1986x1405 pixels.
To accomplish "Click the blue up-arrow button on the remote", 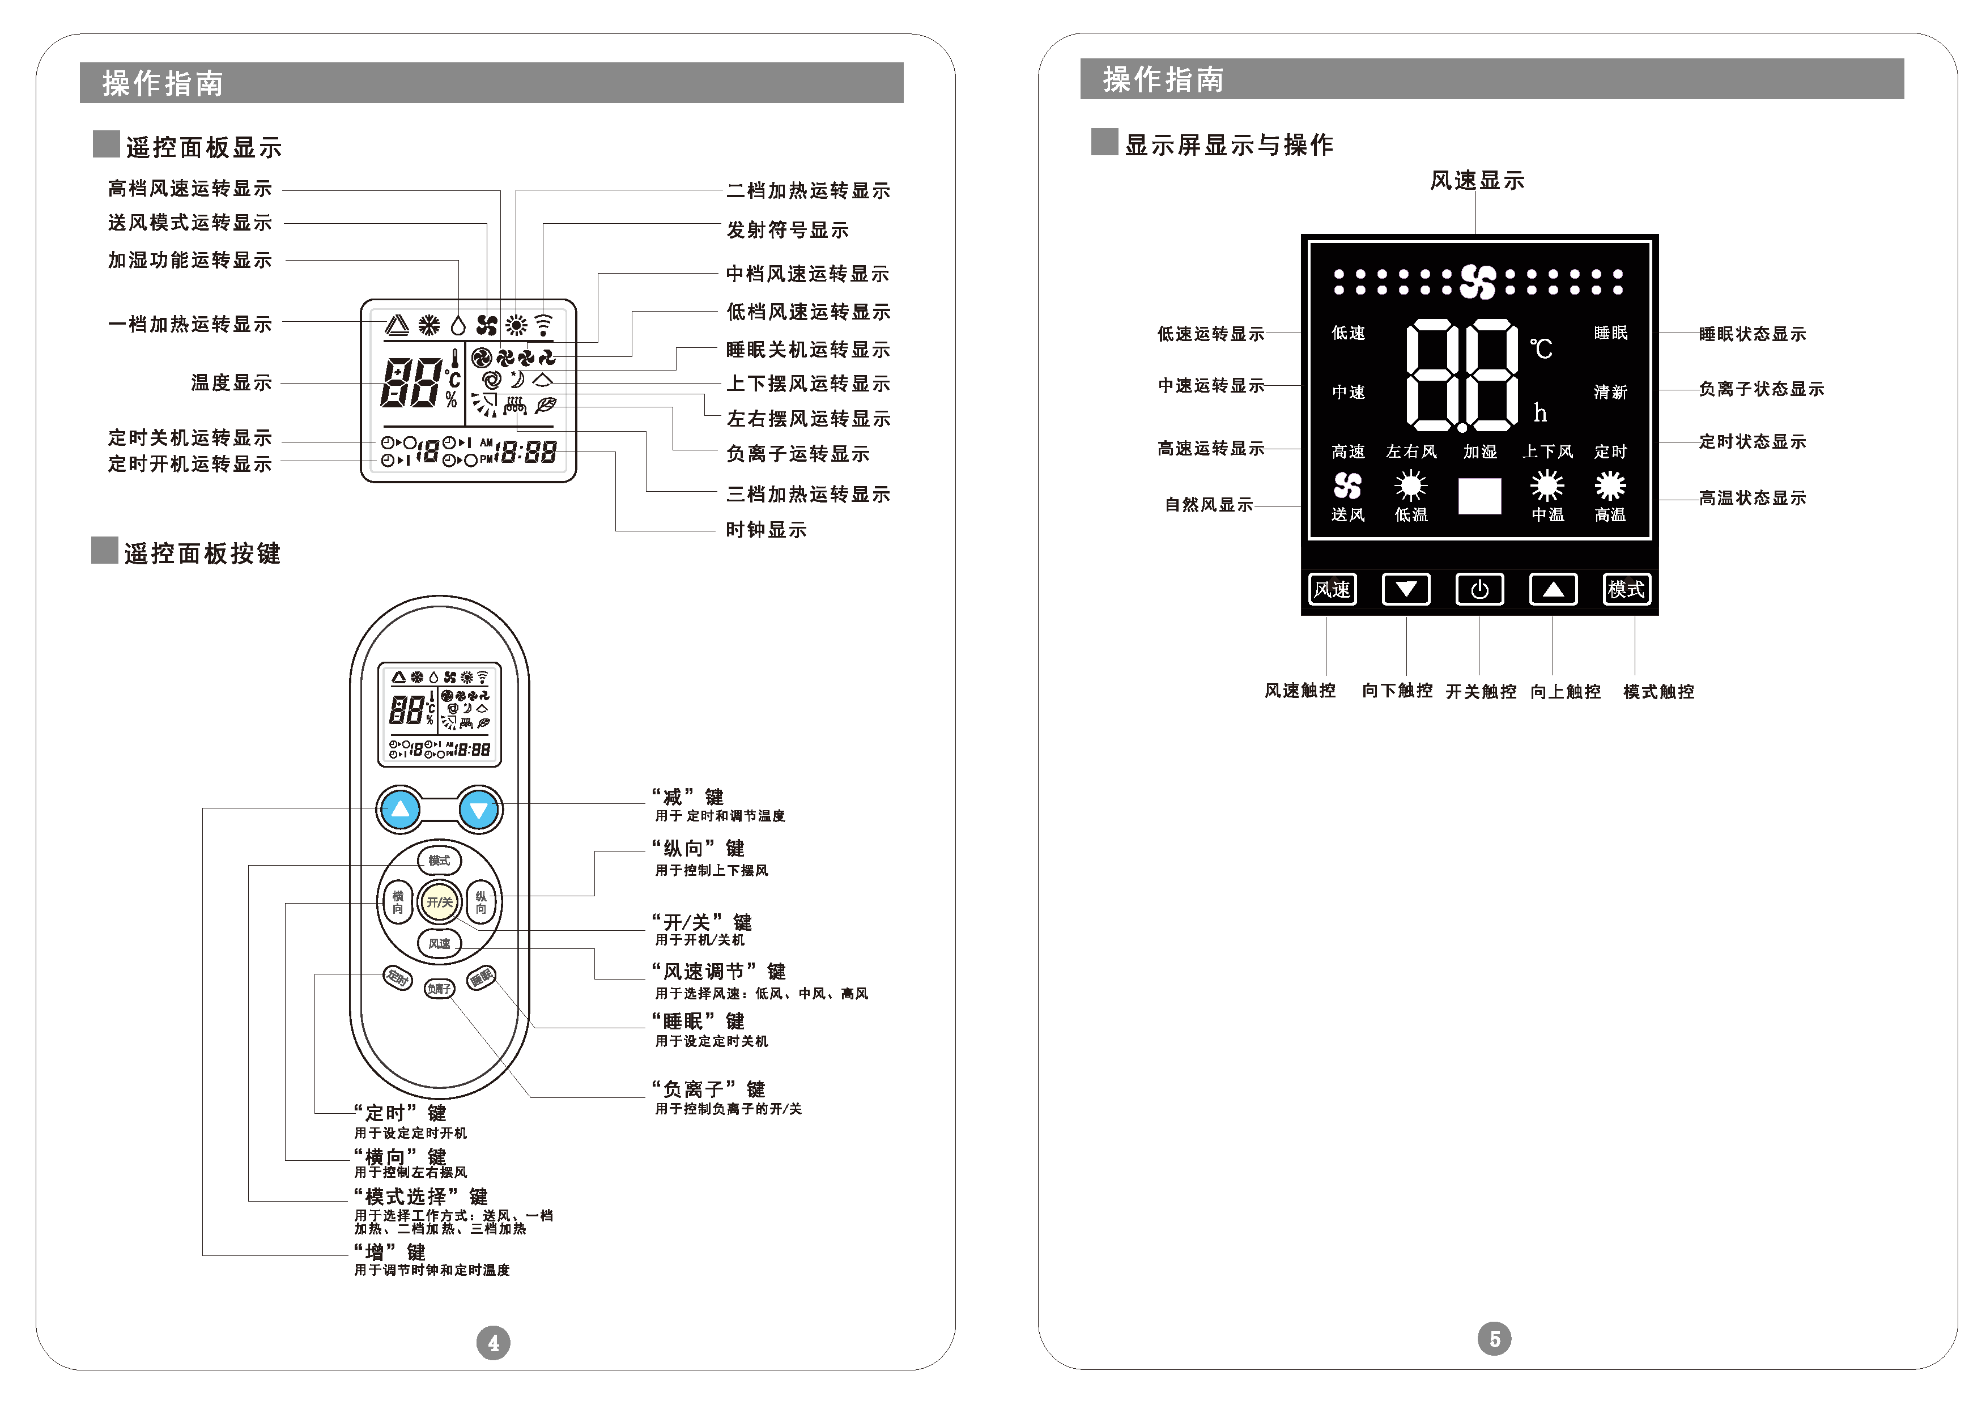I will tap(400, 810).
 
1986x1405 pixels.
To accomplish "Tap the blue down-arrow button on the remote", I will tap(479, 810).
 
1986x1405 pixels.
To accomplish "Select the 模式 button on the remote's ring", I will tap(440, 861).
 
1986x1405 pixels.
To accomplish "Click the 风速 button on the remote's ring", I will tap(440, 943).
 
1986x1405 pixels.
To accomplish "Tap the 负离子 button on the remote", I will tap(439, 988).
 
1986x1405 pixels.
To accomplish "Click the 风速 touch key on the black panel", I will tap(1332, 589).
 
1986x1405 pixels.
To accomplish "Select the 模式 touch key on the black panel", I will tap(1626, 589).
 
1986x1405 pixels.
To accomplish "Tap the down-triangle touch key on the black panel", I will tap(1405, 589).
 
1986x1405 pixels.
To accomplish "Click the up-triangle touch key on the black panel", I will tap(1553, 589).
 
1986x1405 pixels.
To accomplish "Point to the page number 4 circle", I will tap(494, 1343).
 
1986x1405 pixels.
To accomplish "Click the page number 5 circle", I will tap(1495, 1338).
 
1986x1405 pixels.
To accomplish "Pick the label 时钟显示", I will tap(766, 530).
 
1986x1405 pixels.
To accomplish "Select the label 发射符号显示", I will tap(786, 230).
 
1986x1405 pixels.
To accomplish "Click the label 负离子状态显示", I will tap(1761, 389).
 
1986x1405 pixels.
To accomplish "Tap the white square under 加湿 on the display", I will tap(1480, 496).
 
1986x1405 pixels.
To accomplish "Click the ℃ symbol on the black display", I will tap(1541, 348).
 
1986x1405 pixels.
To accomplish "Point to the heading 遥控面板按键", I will tap(202, 554).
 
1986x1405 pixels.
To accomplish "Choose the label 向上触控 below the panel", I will tap(1566, 691).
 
